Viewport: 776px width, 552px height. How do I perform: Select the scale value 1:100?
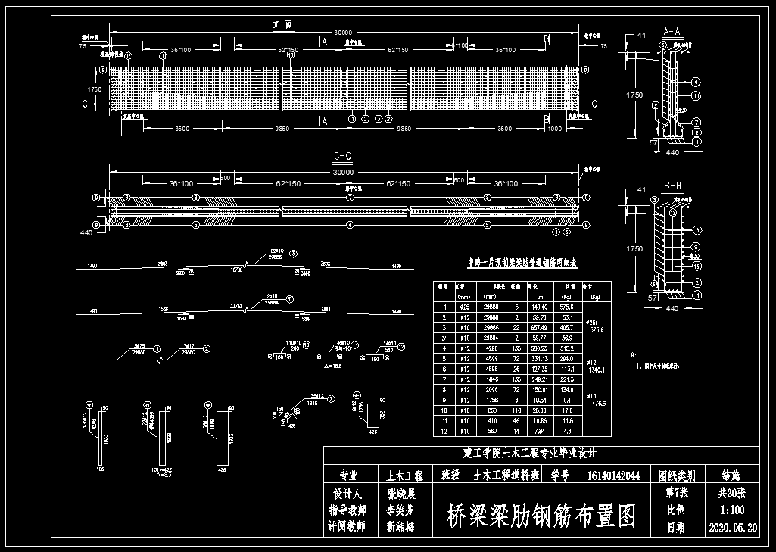(x=729, y=510)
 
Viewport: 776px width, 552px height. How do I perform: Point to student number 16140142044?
(x=612, y=476)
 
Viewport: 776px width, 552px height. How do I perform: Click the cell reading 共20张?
(x=729, y=493)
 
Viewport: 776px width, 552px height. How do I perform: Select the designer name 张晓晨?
(x=401, y=493)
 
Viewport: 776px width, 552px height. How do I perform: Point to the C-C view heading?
(x=343, y=157)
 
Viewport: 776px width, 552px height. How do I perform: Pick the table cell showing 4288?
(x=494, y=347)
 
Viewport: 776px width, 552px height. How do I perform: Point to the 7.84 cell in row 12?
(x=539, y=430)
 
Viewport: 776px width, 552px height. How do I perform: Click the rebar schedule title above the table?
(x=522, y=264)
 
